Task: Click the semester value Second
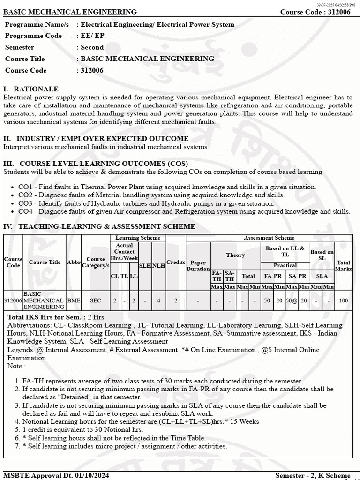click(x=92, y=47)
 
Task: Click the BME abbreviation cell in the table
click(x=74, y=300)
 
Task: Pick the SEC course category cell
click(x=96, y=300)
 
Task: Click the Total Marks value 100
click(x=343, y=300)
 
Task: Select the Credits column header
click(x=176, y=262)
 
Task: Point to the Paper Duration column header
click(x=198, y=266)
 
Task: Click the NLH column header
click(x=159, y=265)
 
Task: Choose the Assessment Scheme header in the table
click(x=269, y=238)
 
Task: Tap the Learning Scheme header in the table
click(x=138, y=238)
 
